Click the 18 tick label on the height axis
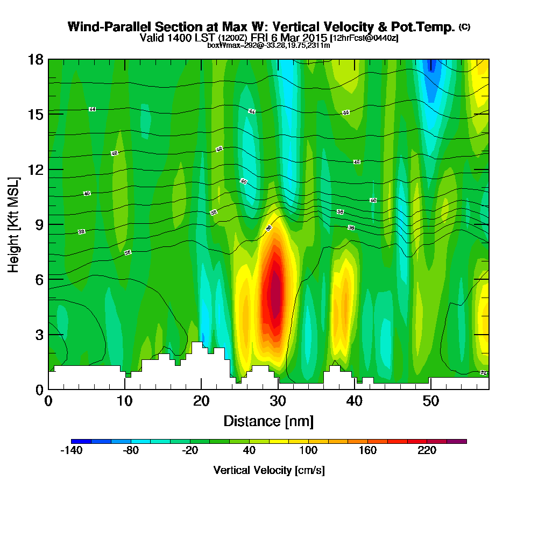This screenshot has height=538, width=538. point(35,59)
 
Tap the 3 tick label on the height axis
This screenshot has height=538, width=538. point(38,335)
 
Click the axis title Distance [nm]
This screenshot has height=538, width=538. point(268,421)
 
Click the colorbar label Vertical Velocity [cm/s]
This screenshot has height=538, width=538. point(269,470)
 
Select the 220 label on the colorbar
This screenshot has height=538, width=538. point(427,451)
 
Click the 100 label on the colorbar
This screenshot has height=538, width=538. point(308,451)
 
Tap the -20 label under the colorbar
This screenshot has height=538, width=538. point(189,451)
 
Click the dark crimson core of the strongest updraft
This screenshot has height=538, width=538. point(275,293)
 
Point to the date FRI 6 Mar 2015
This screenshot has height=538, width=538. point(289,38)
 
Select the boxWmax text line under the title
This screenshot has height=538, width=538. point(268,45)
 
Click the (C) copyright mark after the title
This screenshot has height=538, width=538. point(464,27)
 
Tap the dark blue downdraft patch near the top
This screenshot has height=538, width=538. point(430,67)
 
